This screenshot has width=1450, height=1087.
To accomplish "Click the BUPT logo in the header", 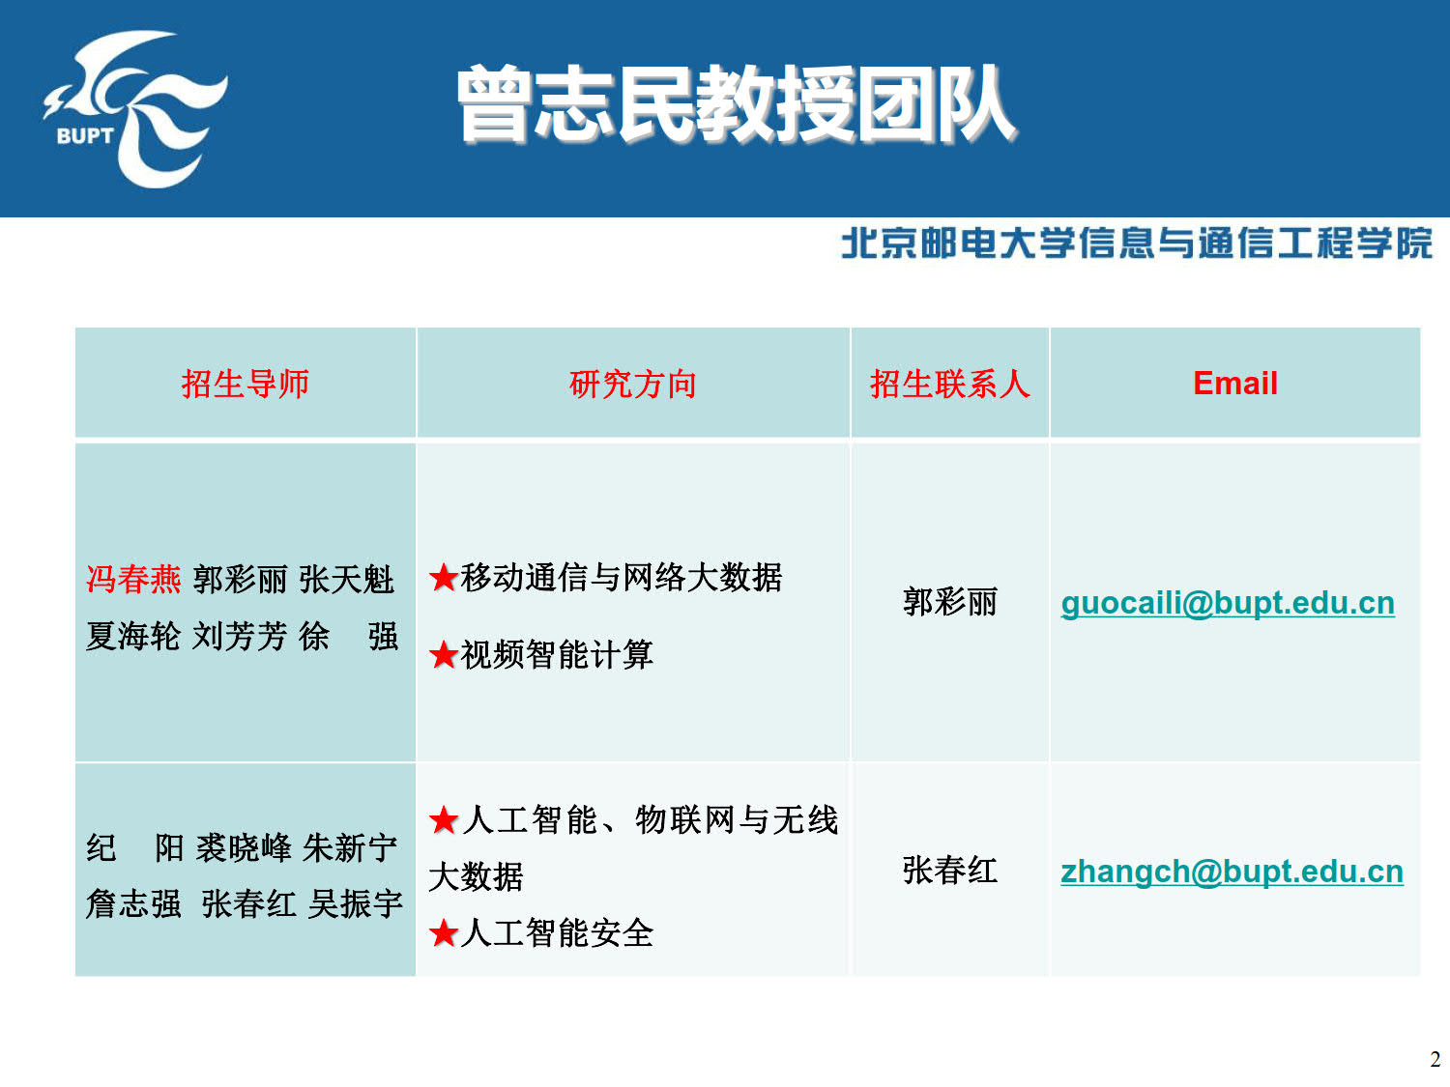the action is click(x=135, y=109).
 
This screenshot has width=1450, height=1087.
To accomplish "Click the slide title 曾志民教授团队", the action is click(x=737, y=104).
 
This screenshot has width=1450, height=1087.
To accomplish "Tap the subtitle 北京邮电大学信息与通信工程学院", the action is click(x=1136, y=243).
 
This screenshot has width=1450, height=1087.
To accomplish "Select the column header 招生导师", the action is click(x=246, y=384).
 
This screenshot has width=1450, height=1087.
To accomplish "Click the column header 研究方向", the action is click(x=633, y=384).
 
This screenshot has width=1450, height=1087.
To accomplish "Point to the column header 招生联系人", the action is click(x=950, y=384).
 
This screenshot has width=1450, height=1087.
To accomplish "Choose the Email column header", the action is click(x=1235, y=384).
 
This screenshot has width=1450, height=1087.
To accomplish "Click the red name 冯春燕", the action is click(x=133, y=580).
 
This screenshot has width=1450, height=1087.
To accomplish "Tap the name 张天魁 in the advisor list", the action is click(x=347, y=580).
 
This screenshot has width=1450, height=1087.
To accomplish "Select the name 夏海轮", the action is click(x=133, y=636).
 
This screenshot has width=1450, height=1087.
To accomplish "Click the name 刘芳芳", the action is click(x=239, y=636).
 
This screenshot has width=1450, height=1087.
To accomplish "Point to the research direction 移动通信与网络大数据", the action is click(x=621, y=578).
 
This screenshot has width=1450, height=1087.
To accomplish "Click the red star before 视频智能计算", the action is click(x=444, y=655).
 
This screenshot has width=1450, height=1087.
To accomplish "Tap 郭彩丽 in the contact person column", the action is click(x=950, y=602).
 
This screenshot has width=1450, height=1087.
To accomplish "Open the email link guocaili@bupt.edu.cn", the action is click(x=1228, y=603).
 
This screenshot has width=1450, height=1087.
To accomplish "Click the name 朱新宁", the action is click(x=350, y=847).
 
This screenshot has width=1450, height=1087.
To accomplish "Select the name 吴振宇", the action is click(x=356, y=903).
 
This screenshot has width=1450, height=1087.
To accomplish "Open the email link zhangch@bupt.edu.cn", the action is click(x=1232, y=872).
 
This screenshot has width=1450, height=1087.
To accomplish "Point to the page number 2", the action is click(x=1435, y=1059).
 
